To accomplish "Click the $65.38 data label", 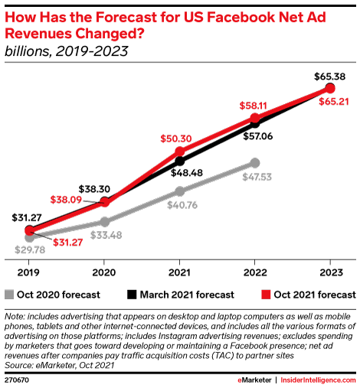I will (330, 77).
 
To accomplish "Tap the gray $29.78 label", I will (29, 249).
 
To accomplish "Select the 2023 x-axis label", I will (330, 270).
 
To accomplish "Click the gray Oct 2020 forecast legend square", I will (9, 294).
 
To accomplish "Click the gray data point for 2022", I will (255, 163).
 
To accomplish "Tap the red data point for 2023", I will (330, 89).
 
